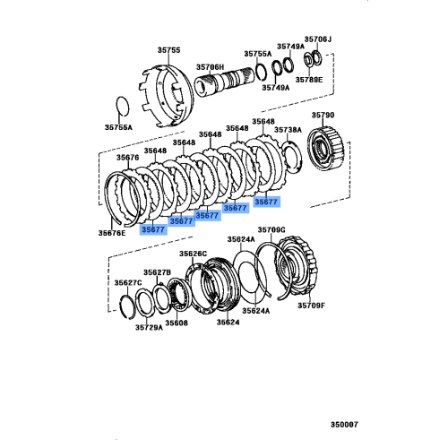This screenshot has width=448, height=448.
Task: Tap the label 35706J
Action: tap(318, 39)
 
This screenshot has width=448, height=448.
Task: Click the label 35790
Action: tap(323, 116)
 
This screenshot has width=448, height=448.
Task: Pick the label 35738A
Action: tap(289, 130)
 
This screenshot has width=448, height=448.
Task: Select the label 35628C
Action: tap(193, 254)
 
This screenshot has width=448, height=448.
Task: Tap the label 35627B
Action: tap(158, 271)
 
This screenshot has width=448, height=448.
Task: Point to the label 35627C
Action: tap(127, 283)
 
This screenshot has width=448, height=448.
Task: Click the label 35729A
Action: tap(149, 329)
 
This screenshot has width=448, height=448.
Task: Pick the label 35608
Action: tap(176, 323)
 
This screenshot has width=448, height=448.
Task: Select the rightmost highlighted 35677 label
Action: tap(267, 202)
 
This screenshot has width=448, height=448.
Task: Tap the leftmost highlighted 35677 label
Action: tap(153, 229)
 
